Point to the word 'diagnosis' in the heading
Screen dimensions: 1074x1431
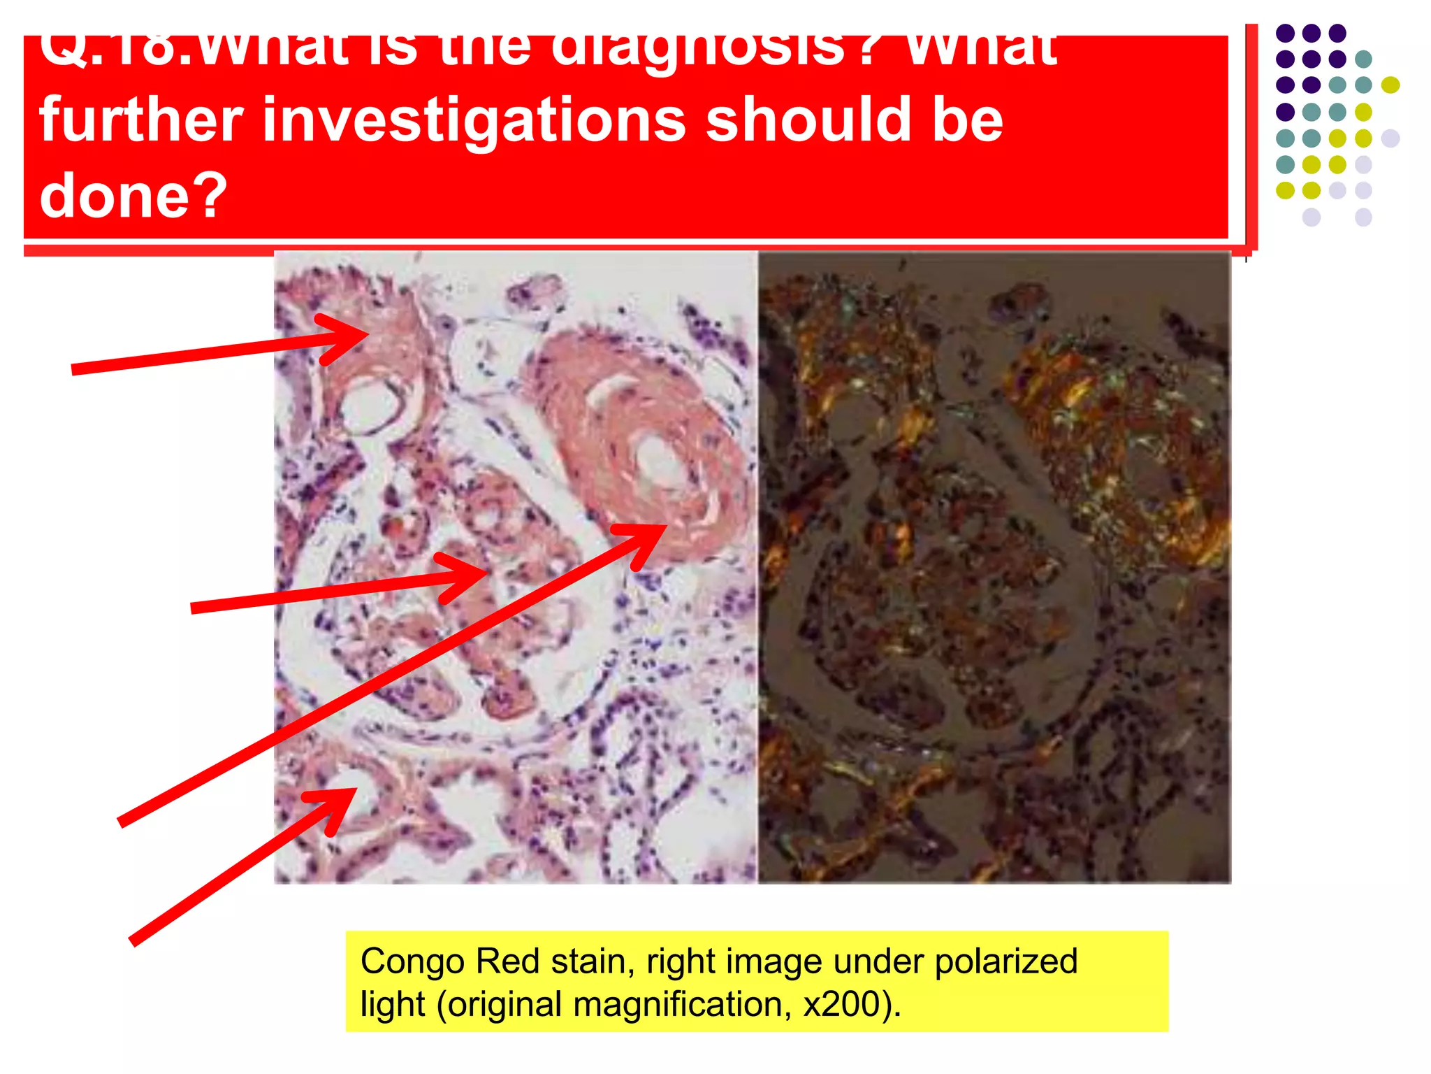pyautogui.click(x=699, y=49)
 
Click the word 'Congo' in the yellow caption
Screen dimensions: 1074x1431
pyautogui.click(x=412, y=961)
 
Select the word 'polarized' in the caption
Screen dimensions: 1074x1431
pyautogui.click(x=1005, y=961)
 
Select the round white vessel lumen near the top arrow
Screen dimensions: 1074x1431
pyautogui.click(x=370, y=406)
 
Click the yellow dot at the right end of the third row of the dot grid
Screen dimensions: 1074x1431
pyautogui.click(x=1390, y=85)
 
